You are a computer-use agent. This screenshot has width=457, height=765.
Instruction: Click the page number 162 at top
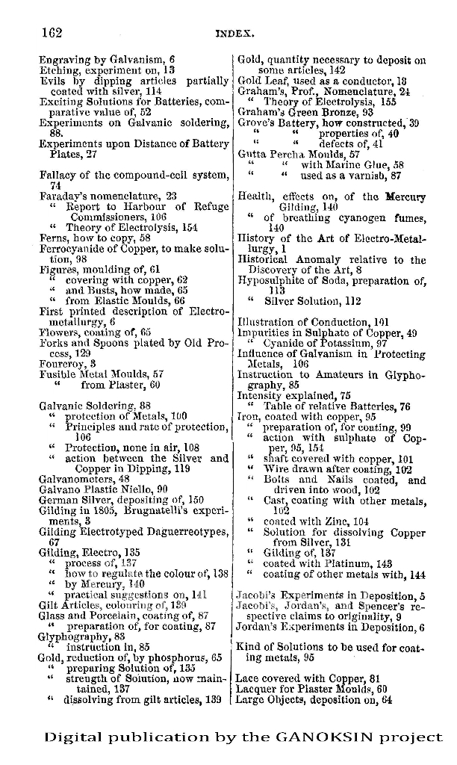pyautogui.click(x=49, y=32)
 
